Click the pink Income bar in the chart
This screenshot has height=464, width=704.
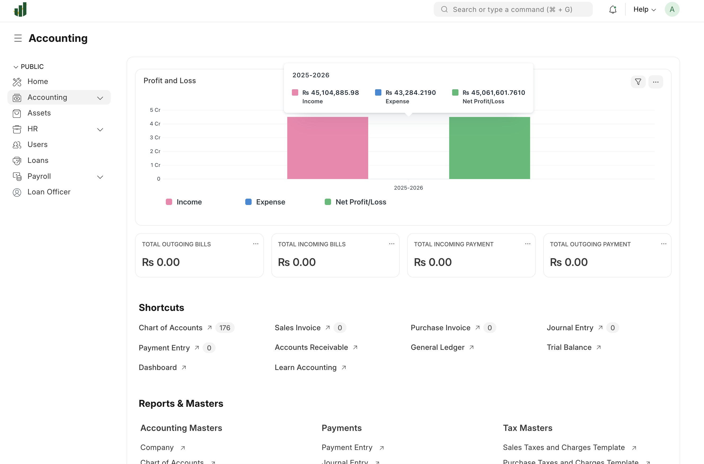(328, 148)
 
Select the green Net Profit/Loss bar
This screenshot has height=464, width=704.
(489, 148)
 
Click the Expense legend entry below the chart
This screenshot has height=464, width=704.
(265, 202)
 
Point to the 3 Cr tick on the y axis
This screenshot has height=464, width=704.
(155, 137)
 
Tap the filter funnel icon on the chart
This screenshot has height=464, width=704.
(638, 82)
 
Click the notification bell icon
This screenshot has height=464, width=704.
(613, 10)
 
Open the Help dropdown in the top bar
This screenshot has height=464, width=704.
(644, 10)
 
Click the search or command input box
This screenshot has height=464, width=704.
(513, 10)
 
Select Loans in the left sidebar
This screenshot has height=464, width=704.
(38, 160)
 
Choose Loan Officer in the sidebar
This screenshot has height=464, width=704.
(49, 192)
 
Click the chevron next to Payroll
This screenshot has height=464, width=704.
(100, 177)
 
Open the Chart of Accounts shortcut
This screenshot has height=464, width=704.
(171, 328)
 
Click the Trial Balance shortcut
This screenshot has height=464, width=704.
(569, 347)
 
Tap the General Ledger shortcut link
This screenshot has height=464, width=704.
(437, 347)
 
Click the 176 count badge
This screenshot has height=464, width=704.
(225, 328)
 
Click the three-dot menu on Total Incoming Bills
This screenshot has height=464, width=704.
(391, 244)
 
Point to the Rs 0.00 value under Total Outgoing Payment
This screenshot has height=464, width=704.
(568, 262)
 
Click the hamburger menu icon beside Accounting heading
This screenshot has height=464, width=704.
(18, 38)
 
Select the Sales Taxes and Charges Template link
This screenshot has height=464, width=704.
(564, 447)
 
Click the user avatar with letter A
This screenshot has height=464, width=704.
(672, 10)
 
